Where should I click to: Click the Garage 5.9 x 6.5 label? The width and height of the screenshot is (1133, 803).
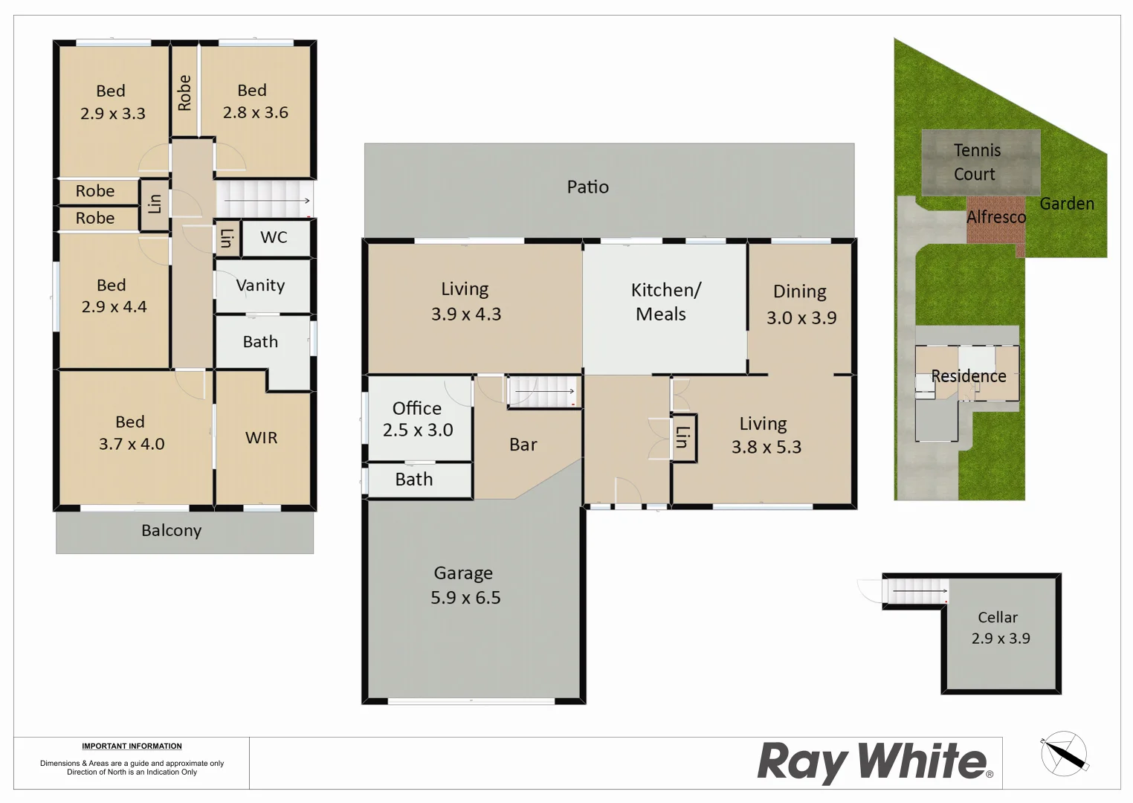pos(465,585)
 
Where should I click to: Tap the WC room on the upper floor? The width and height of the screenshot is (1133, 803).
pos(274,237)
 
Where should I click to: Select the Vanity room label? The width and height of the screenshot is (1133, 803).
pos(260,286)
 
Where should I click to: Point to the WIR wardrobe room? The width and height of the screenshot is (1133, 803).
pos(262,438)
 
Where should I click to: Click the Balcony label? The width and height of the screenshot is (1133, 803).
pos(172,531)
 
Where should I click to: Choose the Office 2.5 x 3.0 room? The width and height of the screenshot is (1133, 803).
pos(418,419)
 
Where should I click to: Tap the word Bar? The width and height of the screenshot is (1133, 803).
pos(523,445)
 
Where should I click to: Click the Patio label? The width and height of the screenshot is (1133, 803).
pos(588,187)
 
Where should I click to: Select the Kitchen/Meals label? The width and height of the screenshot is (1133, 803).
pos(664,302)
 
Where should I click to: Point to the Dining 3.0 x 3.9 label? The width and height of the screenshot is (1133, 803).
pos(801,304)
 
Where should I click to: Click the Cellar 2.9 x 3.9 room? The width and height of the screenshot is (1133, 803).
pos(1000,628)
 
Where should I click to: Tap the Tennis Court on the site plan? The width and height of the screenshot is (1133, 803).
pos(977,162)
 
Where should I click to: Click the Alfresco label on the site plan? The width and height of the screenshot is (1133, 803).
pos(996,217)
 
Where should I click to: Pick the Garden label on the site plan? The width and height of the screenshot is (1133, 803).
pos(1067,204)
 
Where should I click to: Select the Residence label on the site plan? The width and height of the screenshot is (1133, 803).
pos(969,376)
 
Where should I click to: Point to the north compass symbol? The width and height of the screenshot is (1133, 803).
pos(1065,753)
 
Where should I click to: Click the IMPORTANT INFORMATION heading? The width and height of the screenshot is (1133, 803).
pos(132,746)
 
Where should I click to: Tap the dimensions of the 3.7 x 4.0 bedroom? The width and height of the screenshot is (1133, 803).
pos(132,445)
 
